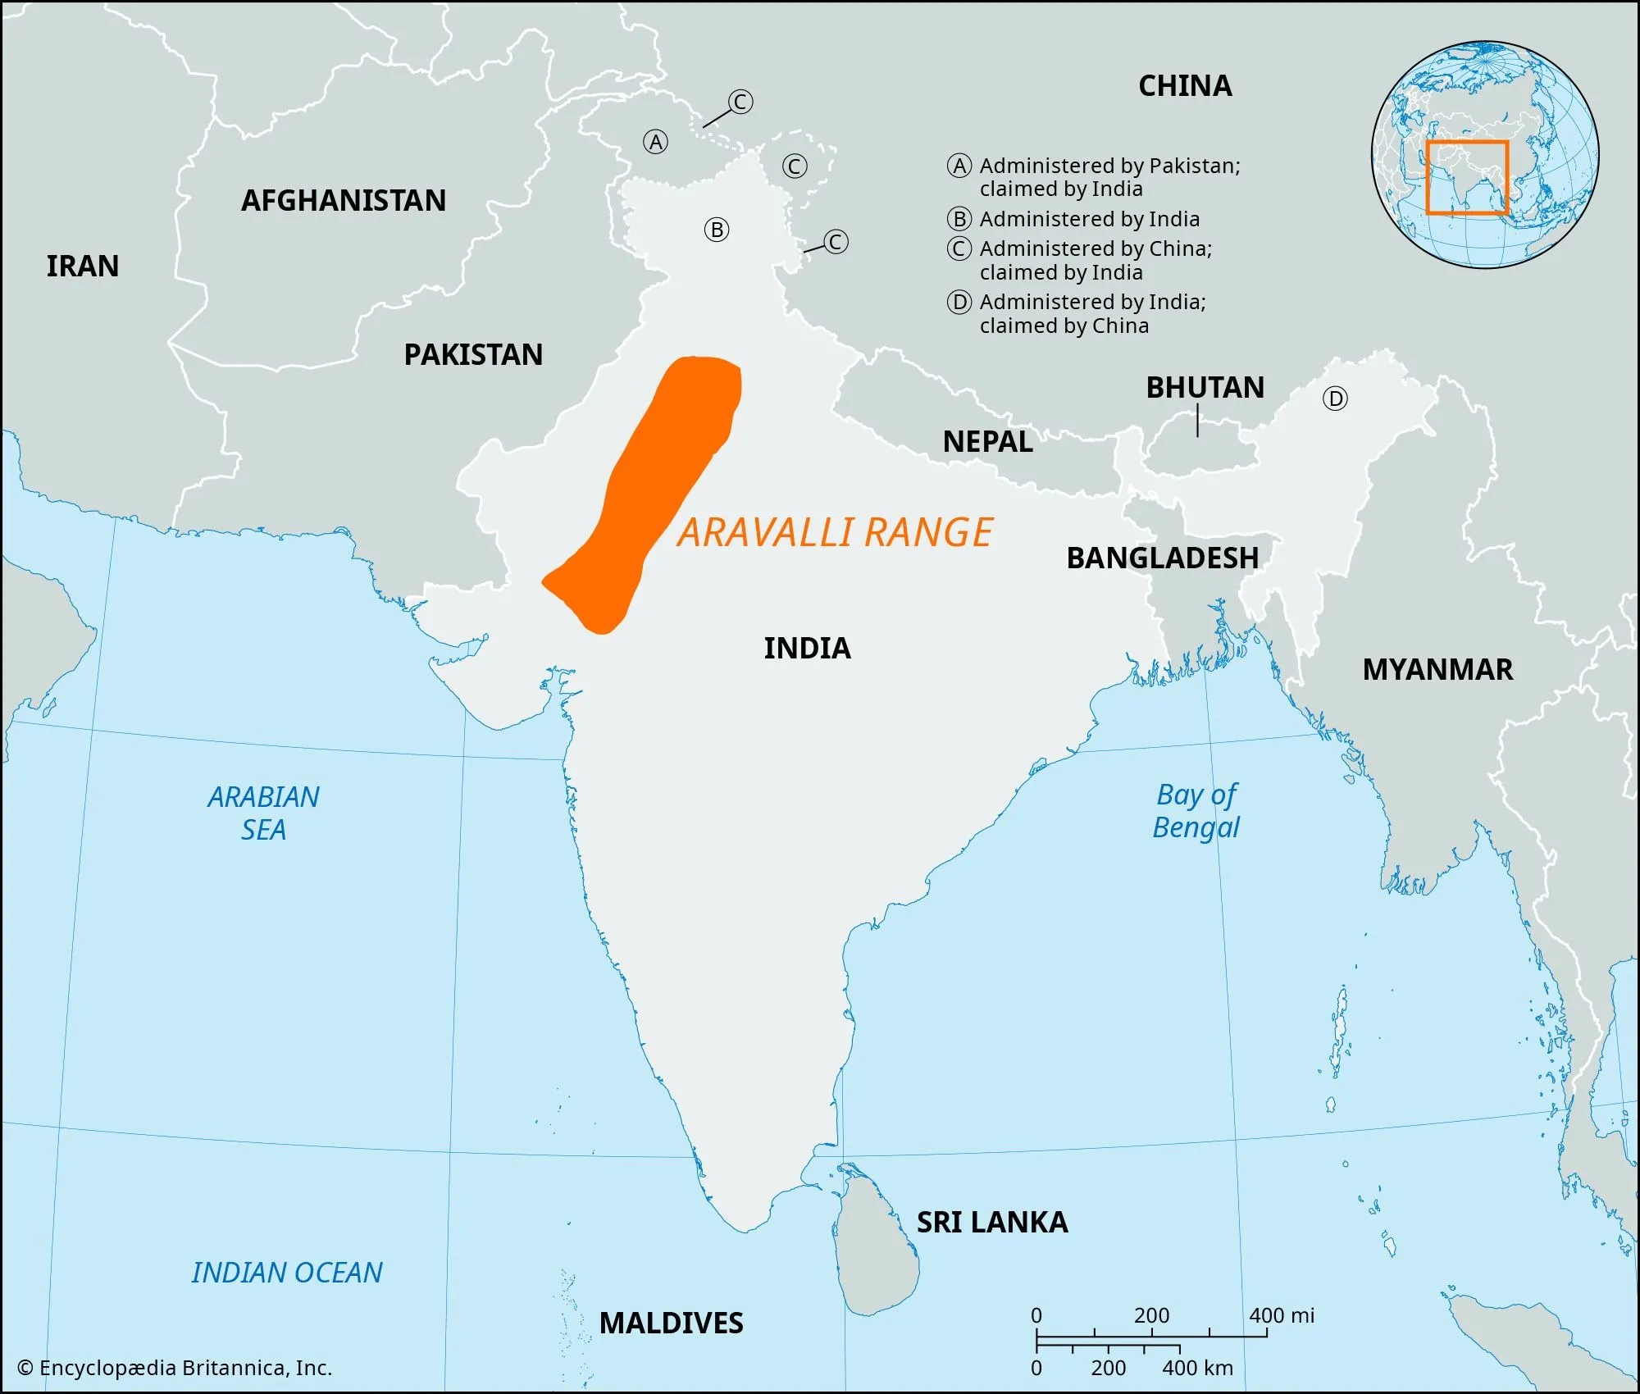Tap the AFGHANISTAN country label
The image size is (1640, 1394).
(343, 201)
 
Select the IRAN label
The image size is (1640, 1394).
(82, 266)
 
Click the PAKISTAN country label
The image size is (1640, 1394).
(473, 355)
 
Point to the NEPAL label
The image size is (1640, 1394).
(987, 442)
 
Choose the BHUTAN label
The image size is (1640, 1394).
(1205, 388)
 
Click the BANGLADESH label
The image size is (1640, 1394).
(1162, 558)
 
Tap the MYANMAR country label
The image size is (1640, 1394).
(1437, 670)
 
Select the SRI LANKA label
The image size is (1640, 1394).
(992, 1223)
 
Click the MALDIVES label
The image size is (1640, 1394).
(671, 1323)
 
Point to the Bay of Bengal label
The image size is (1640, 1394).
(1196, 811)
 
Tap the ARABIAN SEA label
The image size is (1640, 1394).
(263, 813)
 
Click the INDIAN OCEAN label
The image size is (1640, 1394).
(287, 1273)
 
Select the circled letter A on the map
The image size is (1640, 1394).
(655, 143)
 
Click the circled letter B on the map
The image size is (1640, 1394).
(717, 230)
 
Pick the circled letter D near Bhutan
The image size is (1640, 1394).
(1335, 399)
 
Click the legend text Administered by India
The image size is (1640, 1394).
(1089, 219)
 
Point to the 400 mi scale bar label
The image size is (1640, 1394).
(1281, 1316)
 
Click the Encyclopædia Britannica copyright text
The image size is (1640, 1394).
(175, 1368)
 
